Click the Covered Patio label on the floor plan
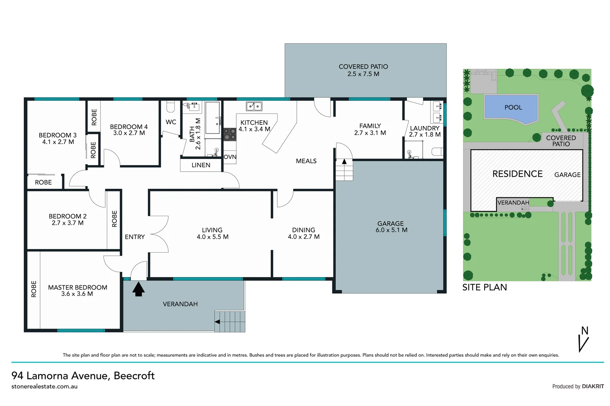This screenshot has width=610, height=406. [363, 70]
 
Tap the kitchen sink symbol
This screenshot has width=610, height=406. [254, 106]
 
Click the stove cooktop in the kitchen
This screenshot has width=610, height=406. [230, 134]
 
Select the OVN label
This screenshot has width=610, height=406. [230, 157]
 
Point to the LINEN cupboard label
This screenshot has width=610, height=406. [201, 165]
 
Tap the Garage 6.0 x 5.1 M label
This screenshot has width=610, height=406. [391, 227]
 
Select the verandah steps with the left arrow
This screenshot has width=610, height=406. [230, 321]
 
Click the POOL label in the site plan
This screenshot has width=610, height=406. [513, 108]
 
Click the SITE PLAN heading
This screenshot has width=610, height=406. [484, 287]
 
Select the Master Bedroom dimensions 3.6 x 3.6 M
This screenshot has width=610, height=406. [77, 294]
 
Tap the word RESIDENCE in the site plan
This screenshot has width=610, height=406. [517, 174]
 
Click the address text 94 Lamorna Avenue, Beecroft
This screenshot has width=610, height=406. [83, 376]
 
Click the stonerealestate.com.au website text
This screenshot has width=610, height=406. [44, 386]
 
